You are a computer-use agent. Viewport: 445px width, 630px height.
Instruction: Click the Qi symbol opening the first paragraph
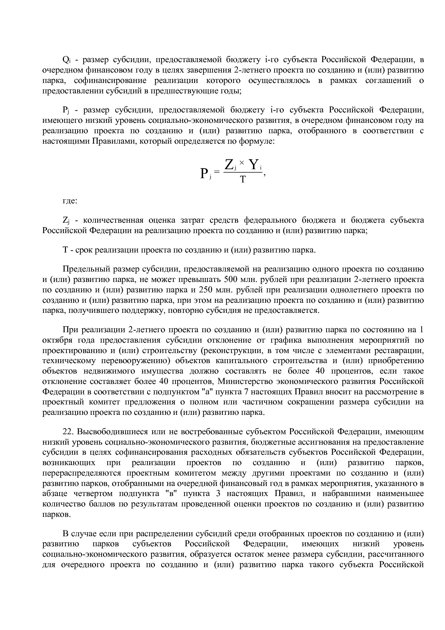click(x=66, y=60)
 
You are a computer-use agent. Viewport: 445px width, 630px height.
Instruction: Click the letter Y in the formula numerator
click(x=254, y=165)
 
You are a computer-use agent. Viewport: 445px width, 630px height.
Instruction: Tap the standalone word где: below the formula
click(x=70, y=201)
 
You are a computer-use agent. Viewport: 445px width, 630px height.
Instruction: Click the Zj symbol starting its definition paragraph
click(x=66, y=220)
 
